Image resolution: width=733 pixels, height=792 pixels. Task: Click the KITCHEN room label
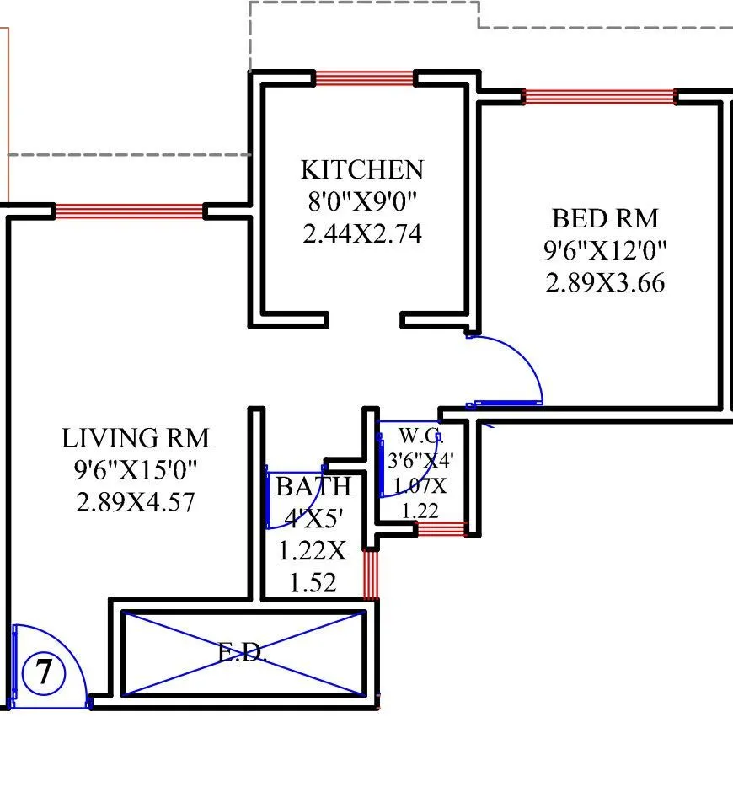(x=362, y=169)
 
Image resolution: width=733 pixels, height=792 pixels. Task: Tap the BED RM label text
(x=604, y=218)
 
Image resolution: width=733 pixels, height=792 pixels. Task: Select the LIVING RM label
(x=135, y=438)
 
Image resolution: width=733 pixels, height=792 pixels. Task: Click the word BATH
(x=313, y=486)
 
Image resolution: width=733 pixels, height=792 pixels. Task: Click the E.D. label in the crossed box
(x=243, y=653)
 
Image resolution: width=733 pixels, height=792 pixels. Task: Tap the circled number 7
(x=42, y=673)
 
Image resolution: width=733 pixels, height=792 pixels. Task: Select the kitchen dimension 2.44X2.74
(x=362, y=233)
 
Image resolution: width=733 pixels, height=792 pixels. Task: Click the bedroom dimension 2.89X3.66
(x=604, y=282)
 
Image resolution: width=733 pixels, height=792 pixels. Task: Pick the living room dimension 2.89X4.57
(x=135, y=502)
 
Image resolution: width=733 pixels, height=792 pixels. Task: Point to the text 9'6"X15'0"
(x=135, y=470)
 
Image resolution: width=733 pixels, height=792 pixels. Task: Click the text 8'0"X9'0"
(x=362, y=201)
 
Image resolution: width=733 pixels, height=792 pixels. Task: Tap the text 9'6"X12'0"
(x=604, y=250)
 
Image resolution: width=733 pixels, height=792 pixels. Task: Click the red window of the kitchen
(x=365, y=78)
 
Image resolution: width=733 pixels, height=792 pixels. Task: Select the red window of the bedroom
(x=599, y=97)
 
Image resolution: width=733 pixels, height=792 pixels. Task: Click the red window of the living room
(x=129, y=211)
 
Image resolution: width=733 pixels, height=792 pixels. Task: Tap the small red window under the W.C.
(x=441, y=529)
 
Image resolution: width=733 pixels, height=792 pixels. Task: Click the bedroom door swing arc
(x=522, y=358)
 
